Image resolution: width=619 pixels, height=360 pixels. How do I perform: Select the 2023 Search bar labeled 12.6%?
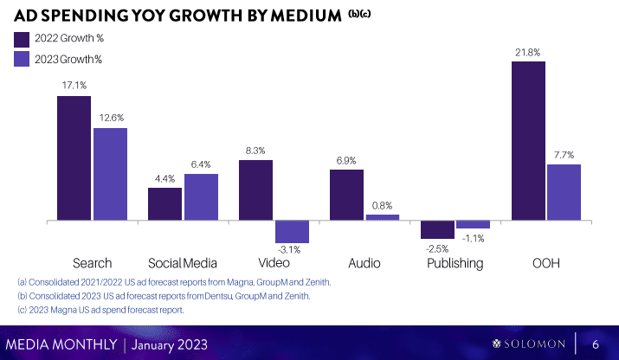coord(110,175)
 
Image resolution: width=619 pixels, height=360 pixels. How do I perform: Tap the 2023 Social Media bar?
coord(201,197)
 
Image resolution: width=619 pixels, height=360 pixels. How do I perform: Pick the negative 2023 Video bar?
coord(292,232)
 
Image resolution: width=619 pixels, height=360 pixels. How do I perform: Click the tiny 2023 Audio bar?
coord(383,218)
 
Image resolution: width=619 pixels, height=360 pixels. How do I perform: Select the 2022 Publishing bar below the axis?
coord(437,229)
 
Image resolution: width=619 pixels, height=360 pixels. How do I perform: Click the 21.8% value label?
coord(527,52)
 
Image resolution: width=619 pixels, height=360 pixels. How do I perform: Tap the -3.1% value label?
coord(292,251)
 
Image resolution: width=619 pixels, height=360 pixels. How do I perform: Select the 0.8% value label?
coord(383,206)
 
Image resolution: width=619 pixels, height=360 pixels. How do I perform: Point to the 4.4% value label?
coord(164,179)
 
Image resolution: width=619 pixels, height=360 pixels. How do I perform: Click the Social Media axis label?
coord(183,262)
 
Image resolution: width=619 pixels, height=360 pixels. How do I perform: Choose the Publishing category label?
coord(455,262)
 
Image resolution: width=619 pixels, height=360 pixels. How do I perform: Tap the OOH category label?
coord(546,262)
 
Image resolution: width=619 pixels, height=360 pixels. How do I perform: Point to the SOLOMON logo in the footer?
coord(528,344)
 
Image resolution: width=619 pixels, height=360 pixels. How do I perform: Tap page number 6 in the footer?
coord(596,344)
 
